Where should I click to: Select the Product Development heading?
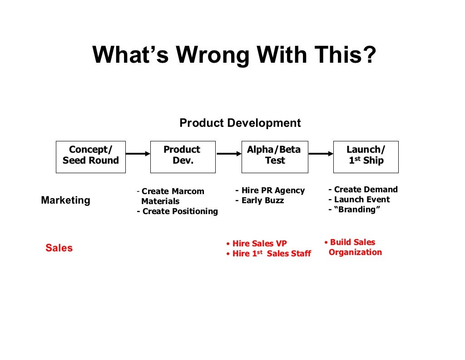pos(240,123)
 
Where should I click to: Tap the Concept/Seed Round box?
pos(90,157)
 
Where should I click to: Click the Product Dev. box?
pos(183,157)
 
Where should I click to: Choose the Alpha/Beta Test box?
pos(274,157)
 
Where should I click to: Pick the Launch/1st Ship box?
pos(366,157)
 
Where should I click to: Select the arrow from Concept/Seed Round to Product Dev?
pos(138,154)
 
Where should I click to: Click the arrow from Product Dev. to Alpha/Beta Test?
pos(228,154)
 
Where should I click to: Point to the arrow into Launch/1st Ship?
pos(321,154)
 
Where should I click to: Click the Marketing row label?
pos(65,200)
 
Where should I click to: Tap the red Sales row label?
pos(59,248)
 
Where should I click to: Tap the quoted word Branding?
pos(357,210)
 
